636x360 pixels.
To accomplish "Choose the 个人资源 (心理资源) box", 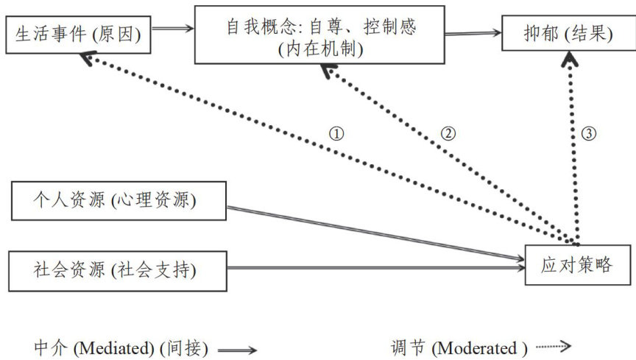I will pos(119,201).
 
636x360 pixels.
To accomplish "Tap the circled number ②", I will pos(448,134).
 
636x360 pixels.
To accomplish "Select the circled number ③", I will pos(588,134).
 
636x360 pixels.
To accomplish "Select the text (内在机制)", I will pos(320,50).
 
